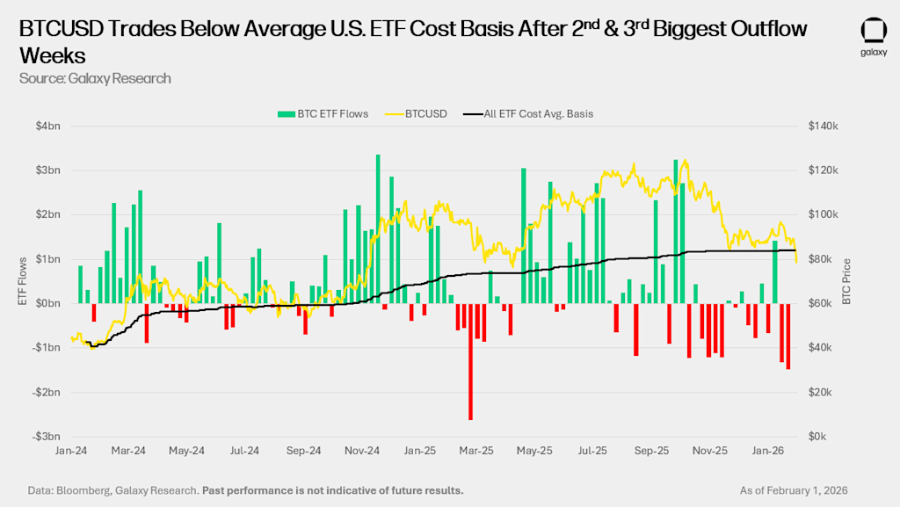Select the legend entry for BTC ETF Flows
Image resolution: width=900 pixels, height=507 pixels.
323,113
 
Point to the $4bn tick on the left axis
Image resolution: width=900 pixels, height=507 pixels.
48,126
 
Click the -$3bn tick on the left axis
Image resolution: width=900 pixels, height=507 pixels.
47,437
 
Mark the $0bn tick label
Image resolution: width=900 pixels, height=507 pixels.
48,303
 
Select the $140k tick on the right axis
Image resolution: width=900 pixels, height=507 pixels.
824,126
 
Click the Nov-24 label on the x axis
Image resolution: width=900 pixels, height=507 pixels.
361,452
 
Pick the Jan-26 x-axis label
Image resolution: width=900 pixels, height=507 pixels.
768,452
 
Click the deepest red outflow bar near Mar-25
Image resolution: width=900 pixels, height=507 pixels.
470,360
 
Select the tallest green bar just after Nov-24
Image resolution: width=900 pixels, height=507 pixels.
378,228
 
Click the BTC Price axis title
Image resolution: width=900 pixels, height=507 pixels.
846,281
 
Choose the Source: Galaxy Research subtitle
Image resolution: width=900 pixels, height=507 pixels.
95,78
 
